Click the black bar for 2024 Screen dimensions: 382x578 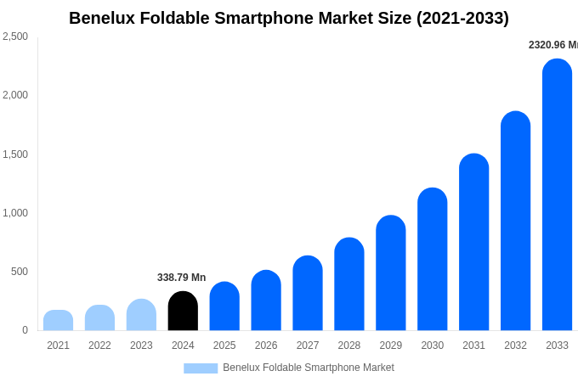click(183, 312)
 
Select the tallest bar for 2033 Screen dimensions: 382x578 click(557, 195)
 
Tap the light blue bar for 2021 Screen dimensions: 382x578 click(58, 321)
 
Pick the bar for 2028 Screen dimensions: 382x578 click(348, 284)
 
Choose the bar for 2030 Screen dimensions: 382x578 click(432, 260)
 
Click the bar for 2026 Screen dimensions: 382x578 click(266, 301)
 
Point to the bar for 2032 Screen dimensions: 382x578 click(515, 222)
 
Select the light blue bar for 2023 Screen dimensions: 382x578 click(141, 315)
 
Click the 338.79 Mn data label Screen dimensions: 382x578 click(181, 278)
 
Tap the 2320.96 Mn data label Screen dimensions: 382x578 click(552, 45)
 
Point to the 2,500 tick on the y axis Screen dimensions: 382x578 click(15, 37)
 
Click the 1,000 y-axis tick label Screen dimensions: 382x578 click(15, 213)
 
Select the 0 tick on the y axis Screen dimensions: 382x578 click(25, 330)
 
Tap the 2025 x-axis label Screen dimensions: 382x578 click(224, 345)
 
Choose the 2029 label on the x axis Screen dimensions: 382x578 click(390, 345)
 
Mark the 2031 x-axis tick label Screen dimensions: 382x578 click(473, 345)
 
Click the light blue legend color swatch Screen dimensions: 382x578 click(201, 368)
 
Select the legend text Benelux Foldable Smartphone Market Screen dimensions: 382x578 click(309, 368)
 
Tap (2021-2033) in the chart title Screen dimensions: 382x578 click(462, 18)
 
